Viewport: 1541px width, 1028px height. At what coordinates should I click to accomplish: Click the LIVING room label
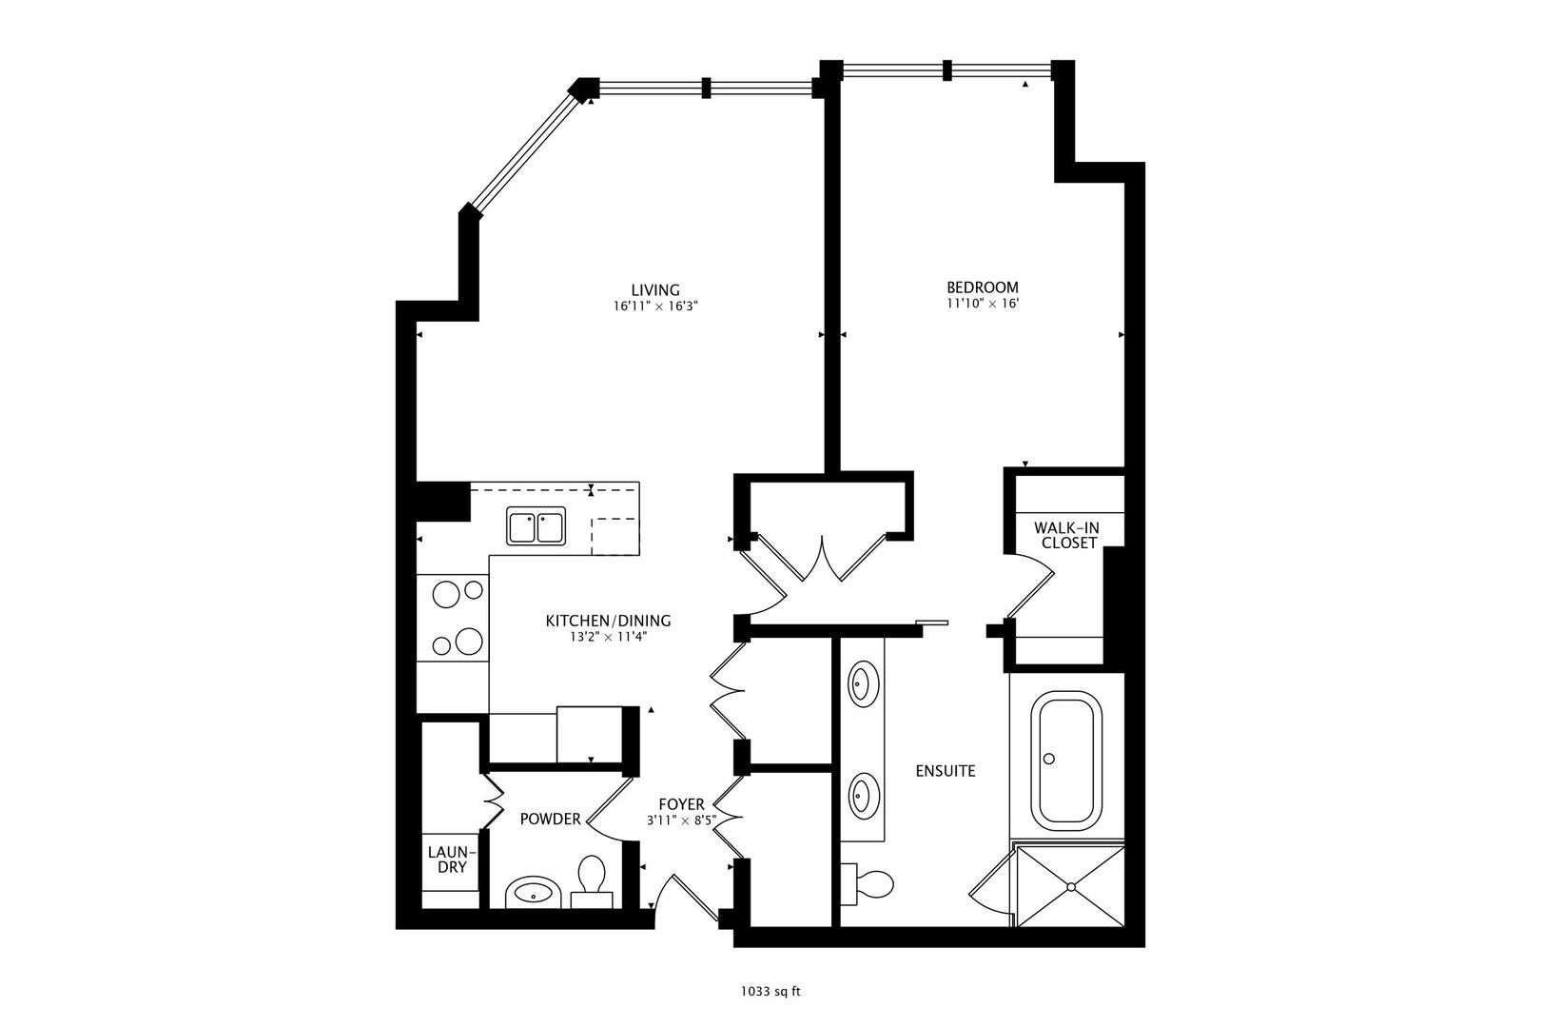(655, 290)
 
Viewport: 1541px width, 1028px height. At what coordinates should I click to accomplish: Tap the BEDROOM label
(982, 287)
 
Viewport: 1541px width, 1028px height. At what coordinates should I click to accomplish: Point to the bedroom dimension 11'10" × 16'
(982, 305)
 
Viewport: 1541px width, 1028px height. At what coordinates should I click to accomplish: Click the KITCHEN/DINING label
(608, 621)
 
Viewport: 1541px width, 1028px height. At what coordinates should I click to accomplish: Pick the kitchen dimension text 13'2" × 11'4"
(608, 638)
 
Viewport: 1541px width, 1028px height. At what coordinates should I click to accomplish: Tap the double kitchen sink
(536, 526)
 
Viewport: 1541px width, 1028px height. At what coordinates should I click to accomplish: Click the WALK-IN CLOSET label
(1068, 535)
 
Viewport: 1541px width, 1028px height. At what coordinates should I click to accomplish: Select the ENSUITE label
(946, 771)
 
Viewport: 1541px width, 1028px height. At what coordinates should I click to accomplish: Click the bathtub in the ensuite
(1069, 761)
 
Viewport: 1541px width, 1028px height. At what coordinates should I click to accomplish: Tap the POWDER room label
(550, 820)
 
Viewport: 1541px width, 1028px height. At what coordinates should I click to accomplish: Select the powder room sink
(531, 894)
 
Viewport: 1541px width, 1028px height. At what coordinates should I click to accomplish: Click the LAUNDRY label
(446, 860)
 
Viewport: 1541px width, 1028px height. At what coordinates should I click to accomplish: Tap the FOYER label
(681, 805)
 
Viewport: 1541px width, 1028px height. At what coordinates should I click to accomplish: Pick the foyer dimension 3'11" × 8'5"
(681, 820)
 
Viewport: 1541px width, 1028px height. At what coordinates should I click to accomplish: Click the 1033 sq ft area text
(770, 992)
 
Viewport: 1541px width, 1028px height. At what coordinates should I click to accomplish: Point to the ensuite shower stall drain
(1071, 887)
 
